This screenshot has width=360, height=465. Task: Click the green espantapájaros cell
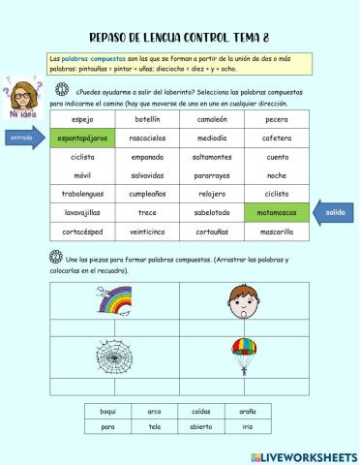tap(82, 138)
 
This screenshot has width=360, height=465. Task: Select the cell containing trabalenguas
tap(82, 193)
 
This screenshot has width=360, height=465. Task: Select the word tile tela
tap(155, 426)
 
